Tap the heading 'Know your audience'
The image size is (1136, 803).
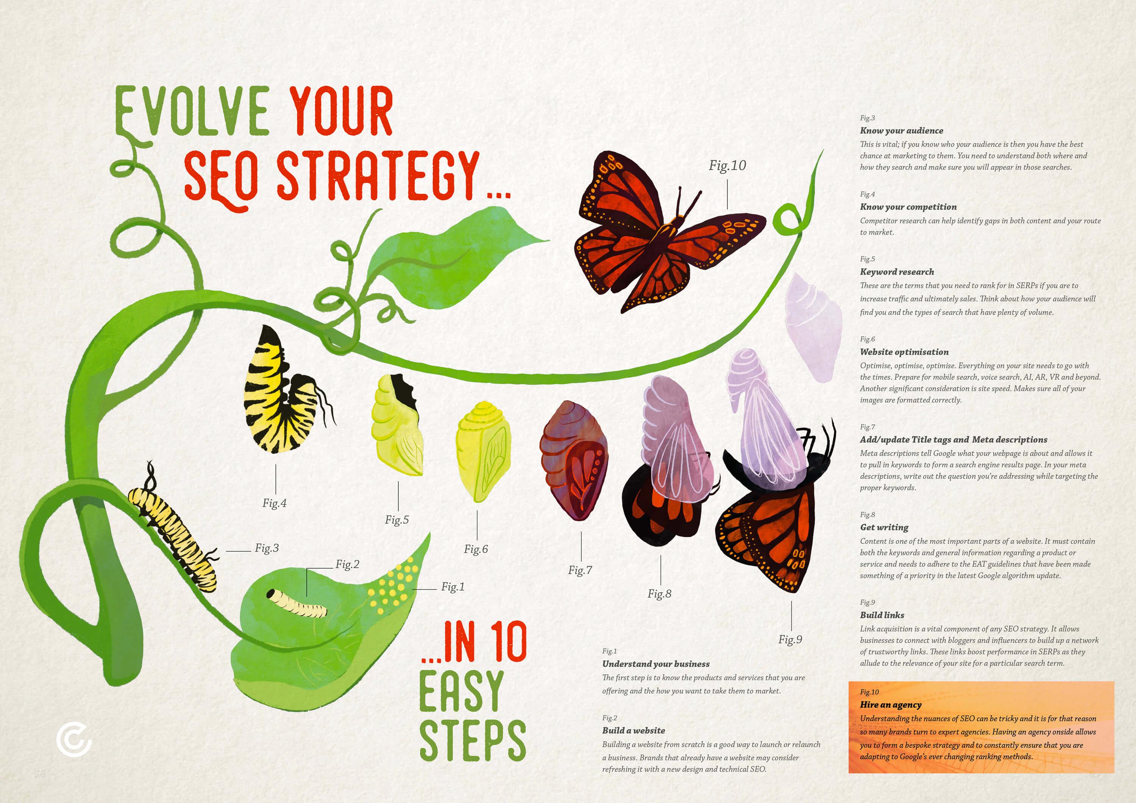tap(902, 131)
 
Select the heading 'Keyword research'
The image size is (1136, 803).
tap(897, 271)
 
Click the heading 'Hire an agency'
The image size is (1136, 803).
tap(891, 705)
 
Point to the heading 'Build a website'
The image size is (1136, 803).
tap(633, 730)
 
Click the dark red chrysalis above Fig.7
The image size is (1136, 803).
tap(574, 460)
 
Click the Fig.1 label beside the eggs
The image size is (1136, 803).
tap(453, 587)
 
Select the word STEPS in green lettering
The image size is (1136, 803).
tap(473, 740)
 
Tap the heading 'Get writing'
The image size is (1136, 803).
tap(884, 527)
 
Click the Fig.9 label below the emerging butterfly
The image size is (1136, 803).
tap(790, 639)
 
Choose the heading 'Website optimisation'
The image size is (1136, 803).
tap(905, 352)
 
